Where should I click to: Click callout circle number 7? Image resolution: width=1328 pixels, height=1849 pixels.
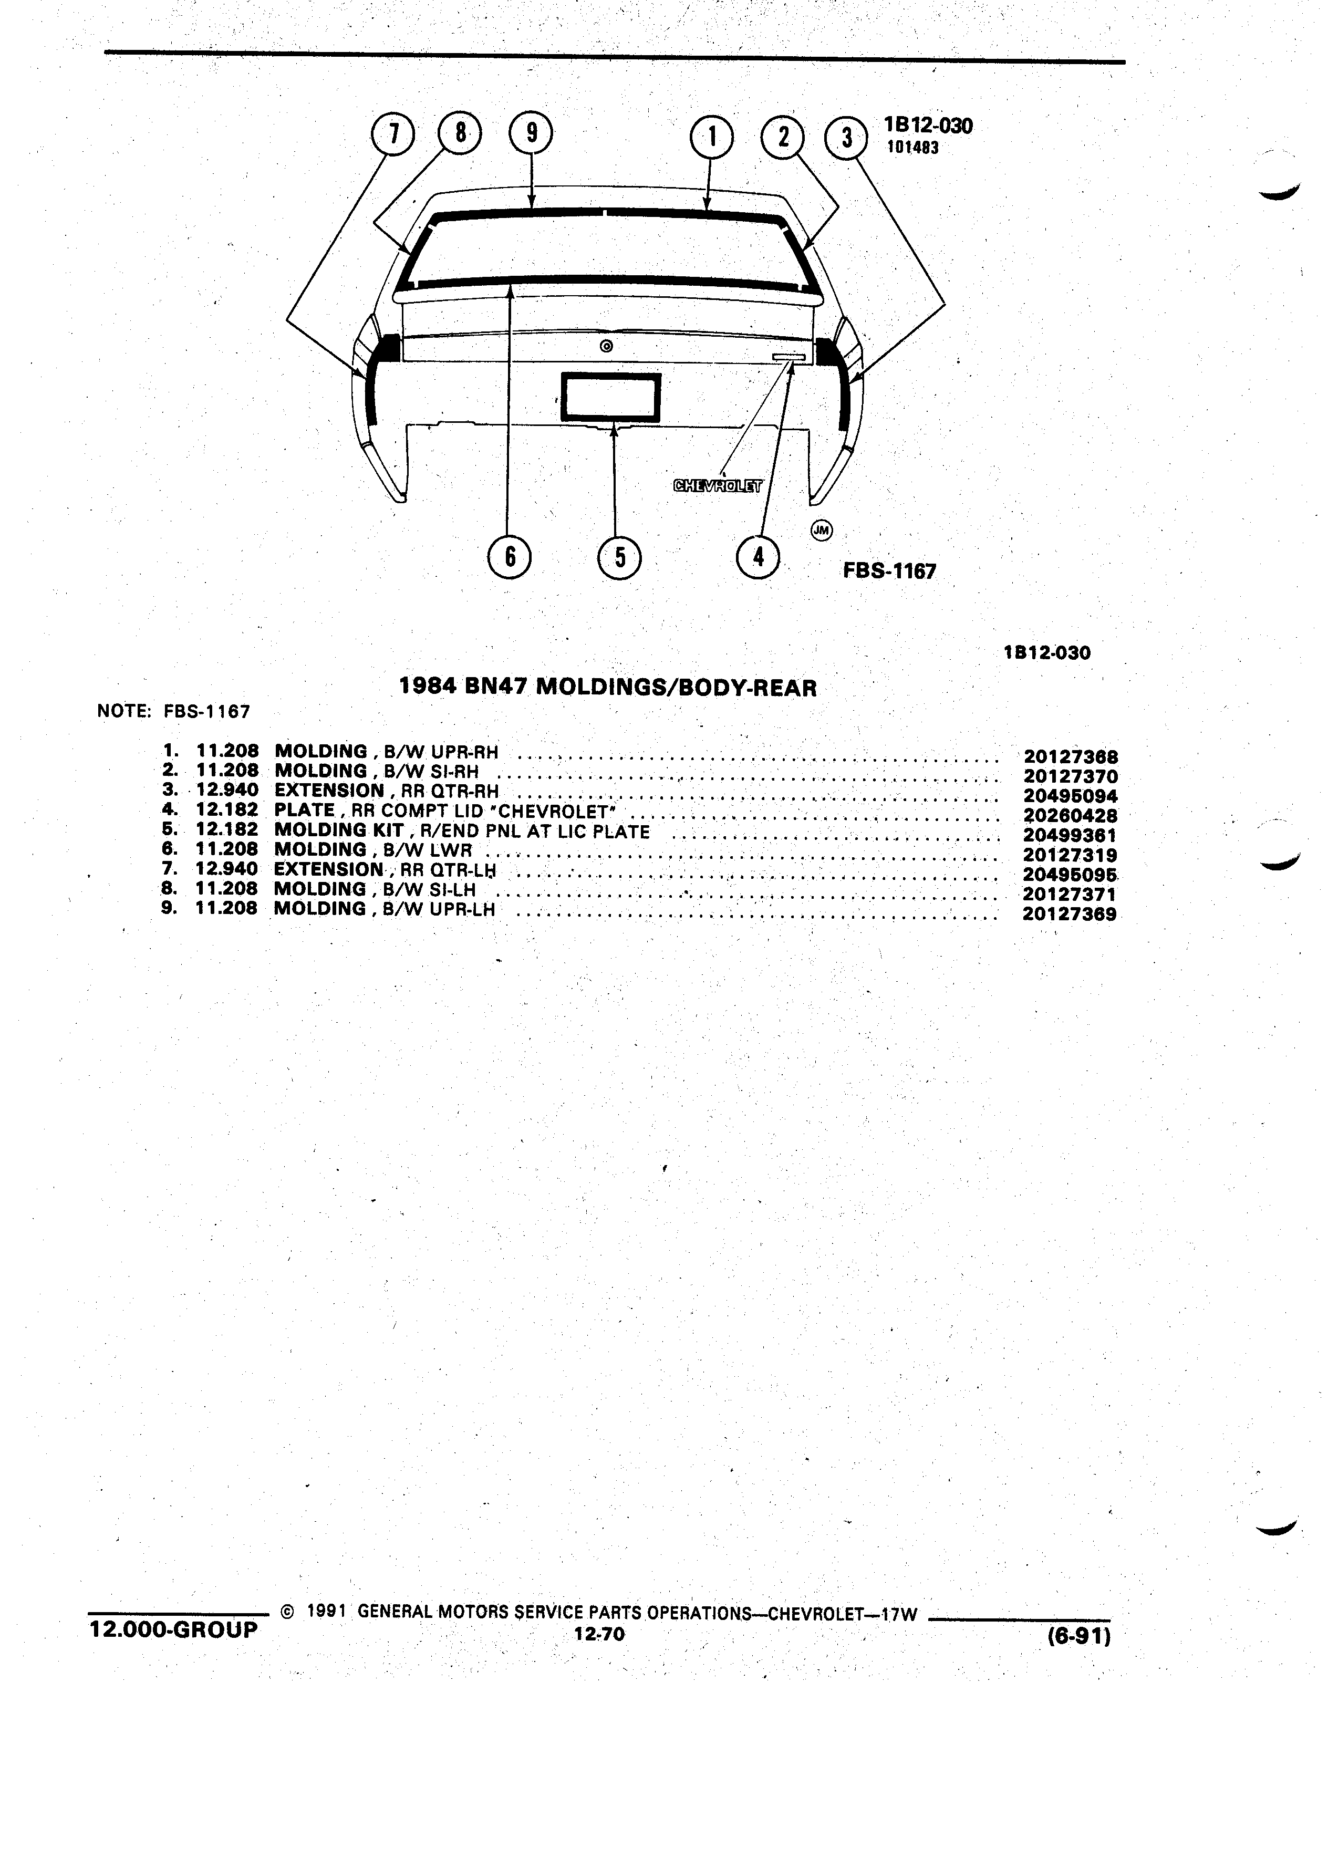[394, 134]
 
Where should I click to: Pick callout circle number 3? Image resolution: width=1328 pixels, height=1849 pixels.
[847, 137]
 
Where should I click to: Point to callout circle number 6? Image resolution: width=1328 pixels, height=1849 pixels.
[510, 557]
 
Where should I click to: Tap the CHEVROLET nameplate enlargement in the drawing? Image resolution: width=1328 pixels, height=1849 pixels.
[717, 487]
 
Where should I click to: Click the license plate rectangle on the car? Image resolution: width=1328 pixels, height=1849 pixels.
[610, 397]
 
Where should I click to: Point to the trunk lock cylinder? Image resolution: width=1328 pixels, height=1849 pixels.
[605, 346]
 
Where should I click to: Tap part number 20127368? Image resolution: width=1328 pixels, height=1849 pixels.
[1071, 756]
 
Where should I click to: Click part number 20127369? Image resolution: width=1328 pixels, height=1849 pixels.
[1070, 915]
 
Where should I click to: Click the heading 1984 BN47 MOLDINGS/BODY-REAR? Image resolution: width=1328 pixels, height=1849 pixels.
[608, 687]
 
